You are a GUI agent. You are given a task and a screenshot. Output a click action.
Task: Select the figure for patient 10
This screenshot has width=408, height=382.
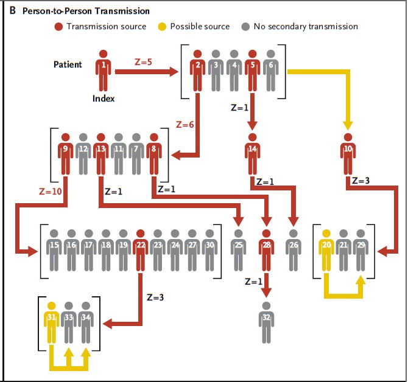coord(348,152)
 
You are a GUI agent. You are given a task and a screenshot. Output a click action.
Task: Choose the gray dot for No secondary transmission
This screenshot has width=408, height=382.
coord(245,27)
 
